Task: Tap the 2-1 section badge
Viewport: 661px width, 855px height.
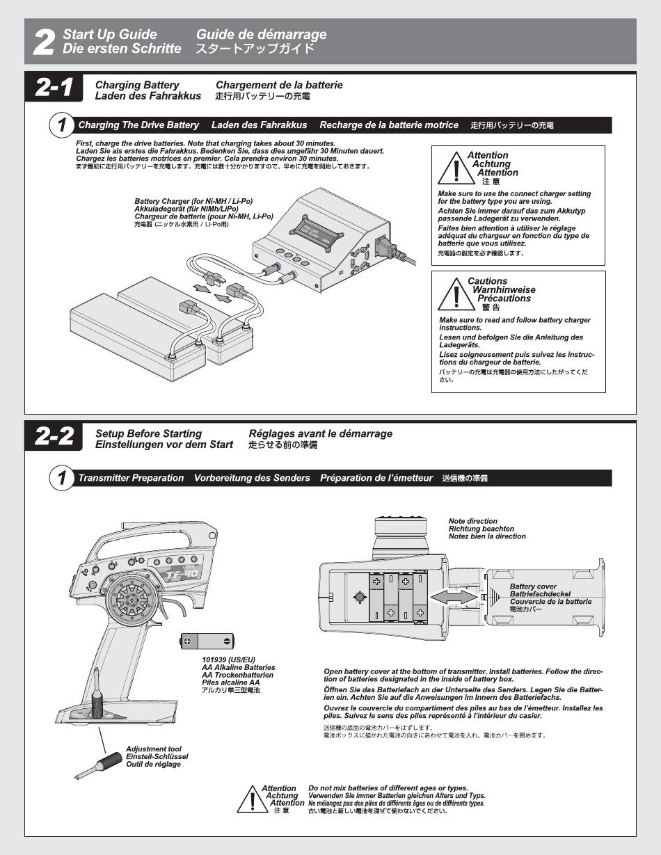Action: point(54,88)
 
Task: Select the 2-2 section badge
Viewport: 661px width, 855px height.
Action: point(54,437)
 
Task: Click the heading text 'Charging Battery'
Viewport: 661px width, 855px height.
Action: point(137,85)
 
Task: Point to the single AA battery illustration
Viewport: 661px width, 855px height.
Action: point(207,641)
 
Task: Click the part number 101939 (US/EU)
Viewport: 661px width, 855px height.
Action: point(228,660)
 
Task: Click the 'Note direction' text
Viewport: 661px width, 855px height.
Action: point(473,521)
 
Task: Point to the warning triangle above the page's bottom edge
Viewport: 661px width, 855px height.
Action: point(250,799)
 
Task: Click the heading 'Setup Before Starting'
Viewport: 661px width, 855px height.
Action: point(148,433)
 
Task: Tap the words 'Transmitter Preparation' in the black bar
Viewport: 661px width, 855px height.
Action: point(131,478)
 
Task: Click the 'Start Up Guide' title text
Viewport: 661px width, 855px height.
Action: point(110,34)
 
